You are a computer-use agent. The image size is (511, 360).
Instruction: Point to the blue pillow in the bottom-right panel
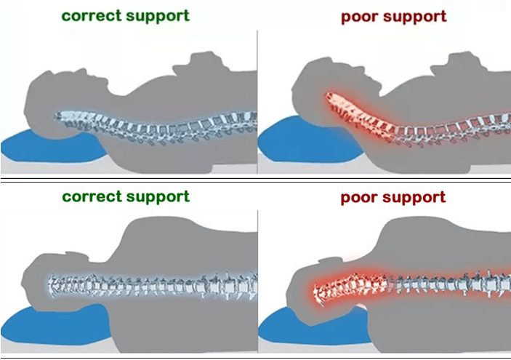(291, 327)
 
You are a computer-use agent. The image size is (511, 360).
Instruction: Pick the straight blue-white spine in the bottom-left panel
(145, 287)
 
